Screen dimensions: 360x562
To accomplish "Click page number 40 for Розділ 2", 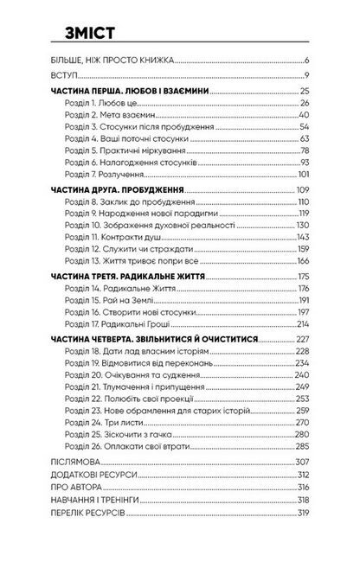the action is coord(305,114).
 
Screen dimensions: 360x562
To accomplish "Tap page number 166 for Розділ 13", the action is coord(303,260).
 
